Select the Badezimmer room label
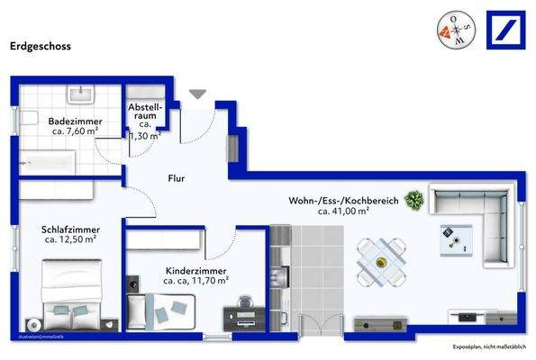coord(76,120)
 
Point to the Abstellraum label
coord(145,114)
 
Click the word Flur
coord(177,178)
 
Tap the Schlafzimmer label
coord(70,229)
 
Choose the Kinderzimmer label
coord(195,271)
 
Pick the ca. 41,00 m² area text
coord(343,211)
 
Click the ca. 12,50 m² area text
coord(70,241)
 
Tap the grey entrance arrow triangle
coord(197,92)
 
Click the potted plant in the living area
coord(414,200)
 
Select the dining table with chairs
coord(378,262)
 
